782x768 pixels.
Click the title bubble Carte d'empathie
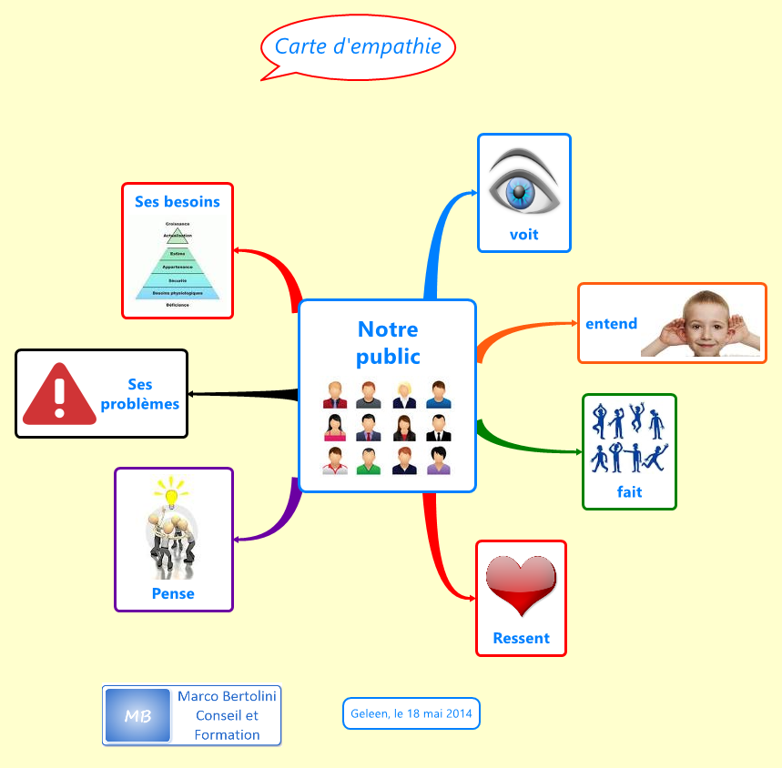pos(358,46)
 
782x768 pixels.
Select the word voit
pos(523,235)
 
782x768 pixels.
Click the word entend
pos(611,324)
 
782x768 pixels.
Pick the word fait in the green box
pos(629,492)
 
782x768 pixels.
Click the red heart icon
pos(521,585)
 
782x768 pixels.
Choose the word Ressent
pos(521,638)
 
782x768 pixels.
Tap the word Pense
pos(173,593)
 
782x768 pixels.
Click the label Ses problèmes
pos(140,395)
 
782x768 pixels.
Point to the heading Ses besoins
pos(178,201)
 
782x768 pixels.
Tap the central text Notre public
pos(388,342)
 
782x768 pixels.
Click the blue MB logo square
pos(137,716)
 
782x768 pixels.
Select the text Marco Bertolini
pos(227,696)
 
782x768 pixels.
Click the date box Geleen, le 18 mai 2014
pos(411,713)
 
